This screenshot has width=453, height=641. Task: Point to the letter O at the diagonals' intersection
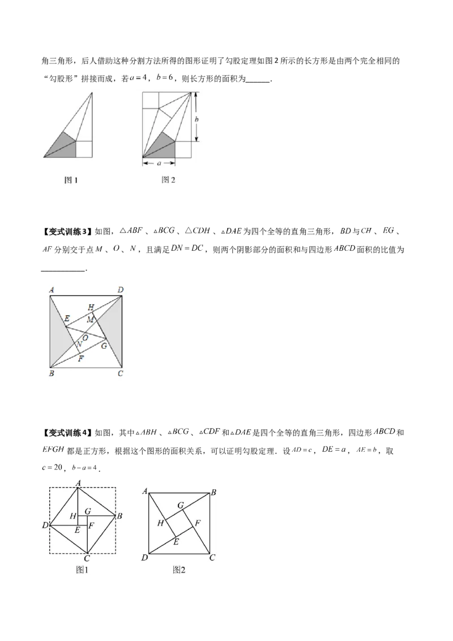pyautogui.click(x=85, y=337)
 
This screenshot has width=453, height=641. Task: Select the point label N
pyautogui.click(x=79, y=344)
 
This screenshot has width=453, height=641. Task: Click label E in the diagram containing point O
pyautogui.click(x=67, y=319)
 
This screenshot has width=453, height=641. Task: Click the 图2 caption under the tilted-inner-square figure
pyautogui.click(x=179, y=570)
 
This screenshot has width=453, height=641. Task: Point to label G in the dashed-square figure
pyautogui.click(x=87, y=511)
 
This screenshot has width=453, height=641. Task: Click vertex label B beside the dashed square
pyautogui.click(x=119, y=516)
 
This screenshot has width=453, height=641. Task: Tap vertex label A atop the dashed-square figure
pyautogui.click(x=78, y=482)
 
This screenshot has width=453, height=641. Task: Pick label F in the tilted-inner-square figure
pyautogui.click(x=197, y=522)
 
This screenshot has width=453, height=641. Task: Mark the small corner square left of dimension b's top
pyautogui.click(x=150, y=99)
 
